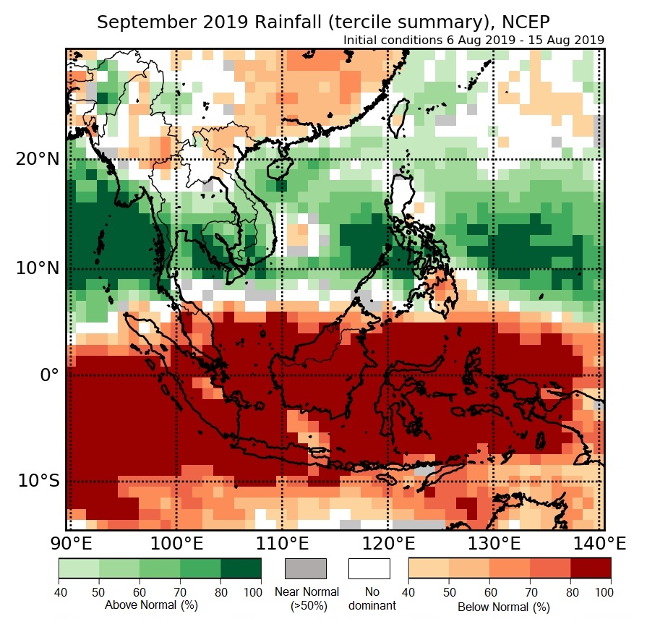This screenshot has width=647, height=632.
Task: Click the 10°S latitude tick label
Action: pos(38,481)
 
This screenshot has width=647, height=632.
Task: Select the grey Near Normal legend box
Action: pos(306,568)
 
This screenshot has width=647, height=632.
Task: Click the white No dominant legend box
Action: pos(369,568)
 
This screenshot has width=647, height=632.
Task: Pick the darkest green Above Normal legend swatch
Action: pos(241,568)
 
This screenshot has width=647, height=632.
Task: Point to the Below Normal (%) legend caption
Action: pos(504,607)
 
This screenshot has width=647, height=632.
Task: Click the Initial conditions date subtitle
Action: pos(474,40)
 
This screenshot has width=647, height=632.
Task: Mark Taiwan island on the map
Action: pos(398,116)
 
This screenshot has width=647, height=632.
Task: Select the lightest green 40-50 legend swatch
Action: pos(79,568)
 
